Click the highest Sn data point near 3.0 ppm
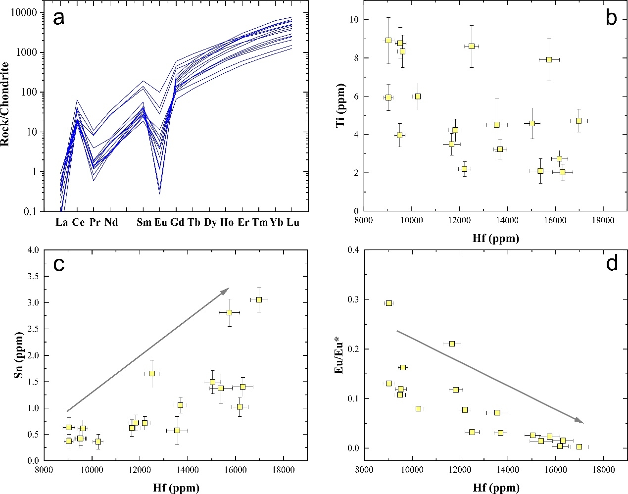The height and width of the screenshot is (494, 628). point(259,299)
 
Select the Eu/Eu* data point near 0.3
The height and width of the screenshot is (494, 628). point(389,303)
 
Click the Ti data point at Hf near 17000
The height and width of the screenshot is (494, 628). point(579,120)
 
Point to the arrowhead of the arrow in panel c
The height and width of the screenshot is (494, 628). point(228,289)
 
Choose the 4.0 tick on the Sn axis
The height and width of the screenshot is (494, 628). point(33,250)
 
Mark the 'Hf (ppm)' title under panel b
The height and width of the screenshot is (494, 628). point(495,239)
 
